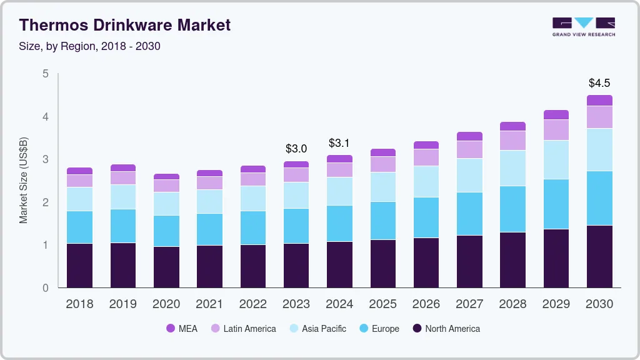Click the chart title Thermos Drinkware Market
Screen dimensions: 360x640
click(125, 25)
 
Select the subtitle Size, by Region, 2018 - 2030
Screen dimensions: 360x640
click(90, 46)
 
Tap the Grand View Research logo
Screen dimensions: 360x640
click(584, 27)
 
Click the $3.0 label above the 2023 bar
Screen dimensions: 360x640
click(296, 149)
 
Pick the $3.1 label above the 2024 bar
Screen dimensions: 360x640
click(339, 143)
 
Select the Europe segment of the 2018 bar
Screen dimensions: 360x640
click(79, 227)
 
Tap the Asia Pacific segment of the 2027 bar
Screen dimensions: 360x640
click(469, 175)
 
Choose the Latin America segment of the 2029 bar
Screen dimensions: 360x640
click(556, 130)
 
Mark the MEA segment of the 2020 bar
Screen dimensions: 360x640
click(166, 177)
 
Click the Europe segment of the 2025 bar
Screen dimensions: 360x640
click(382, 220)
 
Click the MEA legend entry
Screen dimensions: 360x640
click(182, 329)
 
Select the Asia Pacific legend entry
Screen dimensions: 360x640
click(317, 329)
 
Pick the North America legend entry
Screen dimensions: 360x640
click(446, 329)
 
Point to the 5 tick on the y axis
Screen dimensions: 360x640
click(45, 74)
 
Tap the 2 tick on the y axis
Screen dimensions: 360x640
click(45, 202)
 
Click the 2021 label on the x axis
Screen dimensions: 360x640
click(209, 304)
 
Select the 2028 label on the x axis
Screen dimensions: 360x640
click(512, 304)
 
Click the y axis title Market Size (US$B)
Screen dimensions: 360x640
click(24, 179)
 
